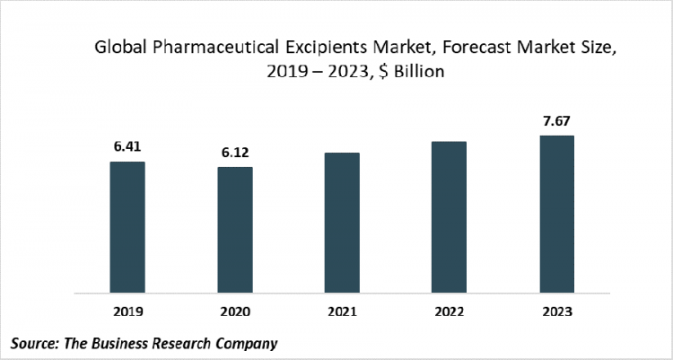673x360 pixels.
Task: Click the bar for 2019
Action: tap(127, 227)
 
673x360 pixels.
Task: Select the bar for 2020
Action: tap(234, 230)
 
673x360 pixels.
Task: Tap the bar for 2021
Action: tap(342, 223)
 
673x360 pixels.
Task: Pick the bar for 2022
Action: tap(449, 217)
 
